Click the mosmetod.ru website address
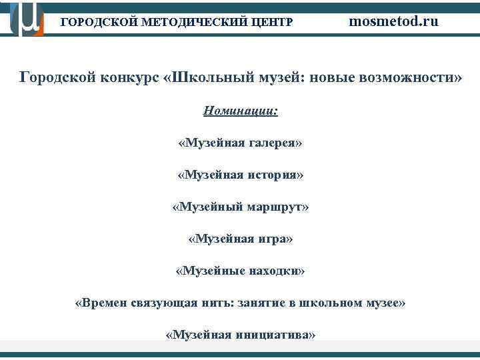coord(394,21)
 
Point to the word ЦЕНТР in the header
coord(270,22)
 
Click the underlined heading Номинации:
coord(240,111)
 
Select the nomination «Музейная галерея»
coord(240,143)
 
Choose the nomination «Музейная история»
coord(240,175)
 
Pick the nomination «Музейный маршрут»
coord(240,207)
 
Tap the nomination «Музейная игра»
coord(240,239)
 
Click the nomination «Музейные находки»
coord(240,271)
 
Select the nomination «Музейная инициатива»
coord(240,335)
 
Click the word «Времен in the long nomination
coord(99,303)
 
